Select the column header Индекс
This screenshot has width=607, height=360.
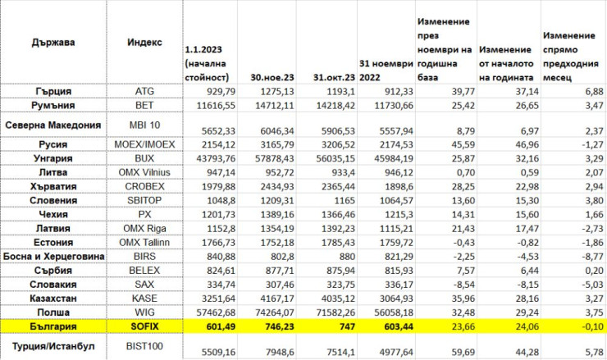point(145,43)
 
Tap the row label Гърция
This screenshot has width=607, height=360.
point(59,91)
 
